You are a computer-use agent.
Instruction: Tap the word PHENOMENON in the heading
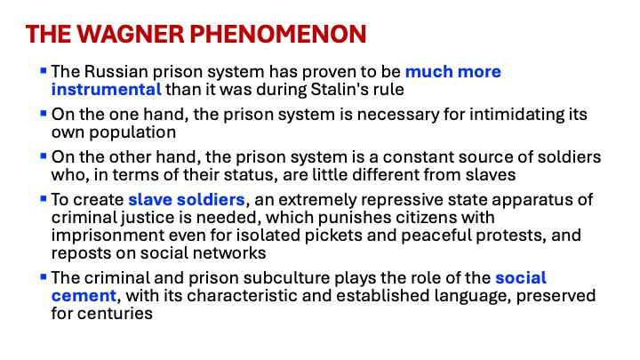(278, 34)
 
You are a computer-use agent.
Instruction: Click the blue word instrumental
(107, 90)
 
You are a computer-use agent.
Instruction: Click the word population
(132, 132)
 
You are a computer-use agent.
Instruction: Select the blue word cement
(84, 296)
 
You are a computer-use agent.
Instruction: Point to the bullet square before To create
(44, 199)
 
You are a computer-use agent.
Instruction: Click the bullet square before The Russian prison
(44, 71)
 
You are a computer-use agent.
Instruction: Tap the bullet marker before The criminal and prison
(44, 277)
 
